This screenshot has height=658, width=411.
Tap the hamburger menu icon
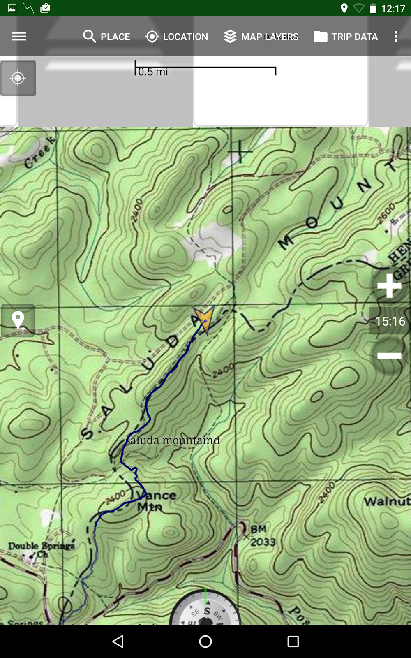pos(19,37)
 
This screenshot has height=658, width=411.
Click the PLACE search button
pos(106,37)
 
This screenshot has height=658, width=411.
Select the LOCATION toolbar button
pos(177,37)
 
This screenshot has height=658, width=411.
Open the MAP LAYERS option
pos(261,37)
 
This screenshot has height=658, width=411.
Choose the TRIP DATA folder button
pos(346,37)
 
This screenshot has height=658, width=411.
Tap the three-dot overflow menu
pos(396,37)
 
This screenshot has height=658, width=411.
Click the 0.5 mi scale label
pos(153,72)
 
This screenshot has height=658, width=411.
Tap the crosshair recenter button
pos(18,78)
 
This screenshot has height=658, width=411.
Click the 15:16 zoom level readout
pos(390,321)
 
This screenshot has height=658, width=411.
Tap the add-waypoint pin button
pos(18,320)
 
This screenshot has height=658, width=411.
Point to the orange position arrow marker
pos(204,318)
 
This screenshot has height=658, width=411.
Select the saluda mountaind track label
pos(173,440)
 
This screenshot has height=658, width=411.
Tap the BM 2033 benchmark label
pos(262,535)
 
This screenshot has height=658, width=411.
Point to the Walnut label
pos(387,501)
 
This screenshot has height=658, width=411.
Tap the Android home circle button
pos(205,642)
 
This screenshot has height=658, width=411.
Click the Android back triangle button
pos(118,642)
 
